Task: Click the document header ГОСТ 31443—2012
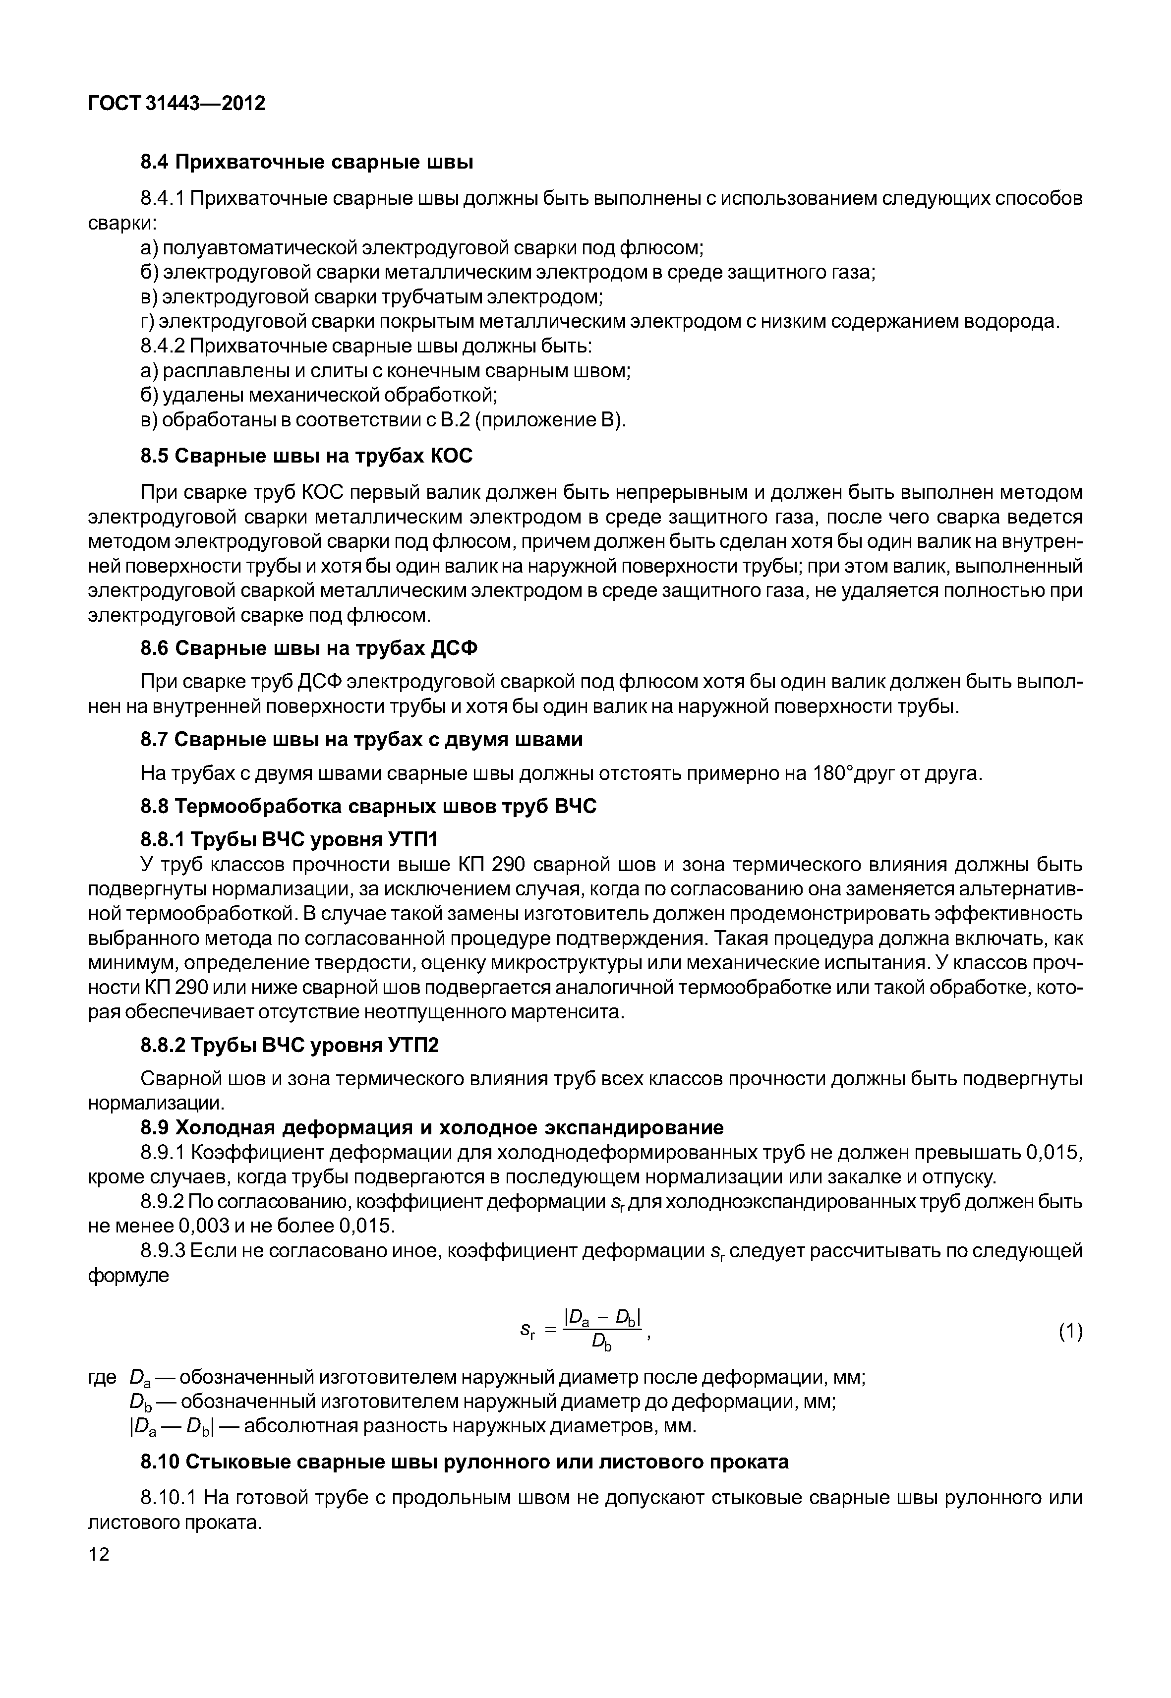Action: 176,104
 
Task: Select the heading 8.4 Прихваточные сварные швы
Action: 307,162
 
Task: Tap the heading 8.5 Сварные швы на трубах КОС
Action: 307,457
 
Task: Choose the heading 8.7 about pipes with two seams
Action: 362,740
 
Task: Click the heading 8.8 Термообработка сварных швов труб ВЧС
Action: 368,807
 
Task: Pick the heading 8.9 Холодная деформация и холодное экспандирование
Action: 432,1127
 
